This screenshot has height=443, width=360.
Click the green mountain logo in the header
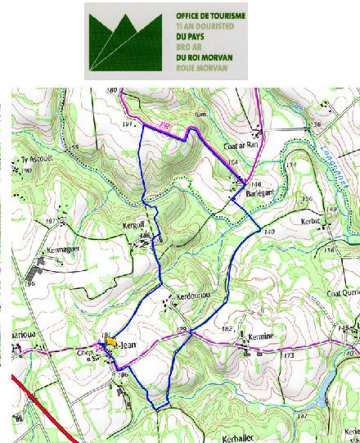[128, 41]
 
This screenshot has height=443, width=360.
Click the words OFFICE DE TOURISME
[211, 16]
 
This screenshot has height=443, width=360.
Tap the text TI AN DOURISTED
[205, 26]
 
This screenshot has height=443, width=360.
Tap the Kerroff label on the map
[136, 225]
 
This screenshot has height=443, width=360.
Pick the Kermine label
[254, 337]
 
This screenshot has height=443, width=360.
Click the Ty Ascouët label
[34, 160]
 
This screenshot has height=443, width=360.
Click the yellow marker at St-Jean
[114, 344]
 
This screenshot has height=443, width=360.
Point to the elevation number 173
[288, 356]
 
